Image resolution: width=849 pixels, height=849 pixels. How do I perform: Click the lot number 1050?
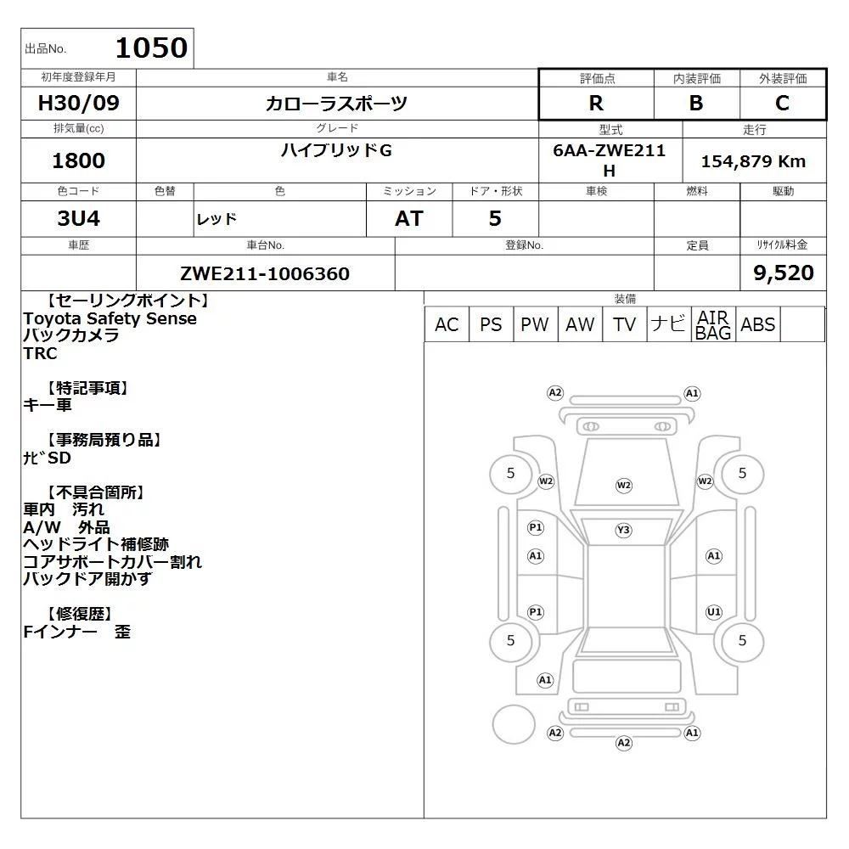(152, 48)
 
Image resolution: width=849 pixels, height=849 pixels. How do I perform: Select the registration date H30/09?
(78, 103)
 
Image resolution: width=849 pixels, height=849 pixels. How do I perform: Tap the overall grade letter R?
(596, 103)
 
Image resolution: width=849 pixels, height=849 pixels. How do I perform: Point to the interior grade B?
(696, 103)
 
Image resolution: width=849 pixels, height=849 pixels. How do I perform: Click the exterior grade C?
(782, 103)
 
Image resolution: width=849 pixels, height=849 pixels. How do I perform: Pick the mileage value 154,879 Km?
(753, 161)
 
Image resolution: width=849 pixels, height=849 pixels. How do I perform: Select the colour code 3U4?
(78, 218)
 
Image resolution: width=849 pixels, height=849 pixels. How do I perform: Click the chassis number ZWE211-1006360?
(265, 273)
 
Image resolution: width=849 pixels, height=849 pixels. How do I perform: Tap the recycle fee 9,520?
(784, 273)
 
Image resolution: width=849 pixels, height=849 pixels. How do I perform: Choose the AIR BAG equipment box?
(713, 324)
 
